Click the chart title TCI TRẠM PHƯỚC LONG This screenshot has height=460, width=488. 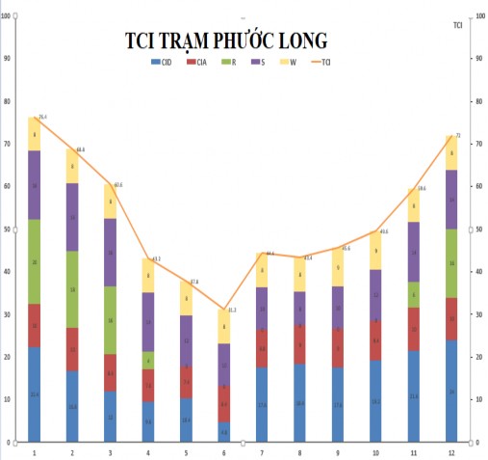point(226,41)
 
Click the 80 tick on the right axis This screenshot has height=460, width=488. point(478,101)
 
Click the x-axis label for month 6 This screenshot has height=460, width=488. point(223,451)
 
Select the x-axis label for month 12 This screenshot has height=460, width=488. point(451,451)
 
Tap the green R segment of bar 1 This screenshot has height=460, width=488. point(35,261)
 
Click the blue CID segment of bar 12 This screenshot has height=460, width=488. point(451,391)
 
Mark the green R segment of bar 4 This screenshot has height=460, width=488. point(147,360)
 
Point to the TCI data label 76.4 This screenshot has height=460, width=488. point(42,117)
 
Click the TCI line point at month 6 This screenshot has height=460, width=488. point(223,310)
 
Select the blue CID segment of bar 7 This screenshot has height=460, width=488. point(261,404)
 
